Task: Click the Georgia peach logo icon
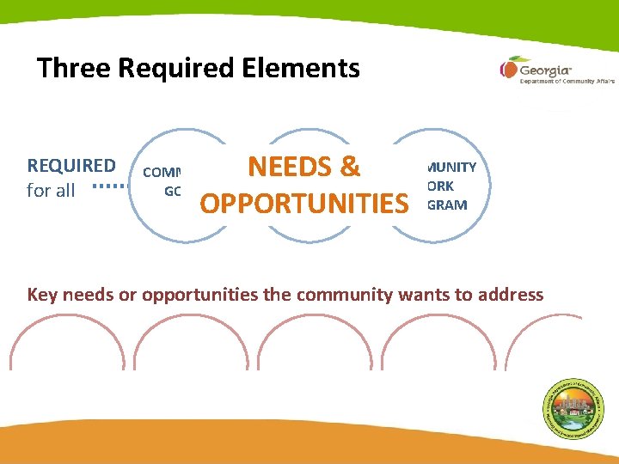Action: click(509, 69)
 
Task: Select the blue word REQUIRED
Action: click(71, 165)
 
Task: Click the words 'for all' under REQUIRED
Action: click(51, 191)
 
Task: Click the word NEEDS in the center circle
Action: click(289, 167)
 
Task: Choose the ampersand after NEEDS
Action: click(349, 167)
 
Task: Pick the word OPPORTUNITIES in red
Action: click(303, 204)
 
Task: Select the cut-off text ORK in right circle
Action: click(445, 186)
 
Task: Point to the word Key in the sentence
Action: click(44, 295)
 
